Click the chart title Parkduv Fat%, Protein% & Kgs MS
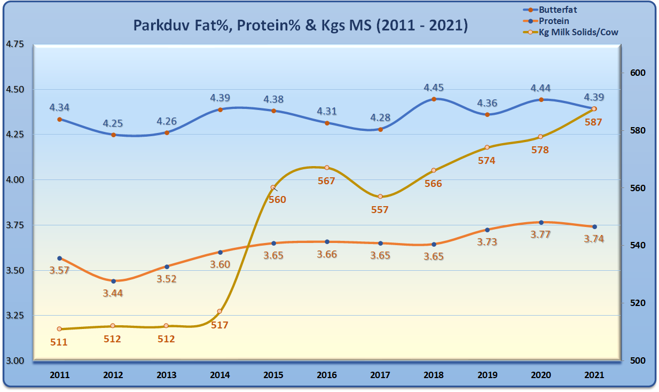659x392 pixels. (x=300, y=25)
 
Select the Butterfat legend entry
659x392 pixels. (x=558, y=10)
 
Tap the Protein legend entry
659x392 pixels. (x=554, y=21)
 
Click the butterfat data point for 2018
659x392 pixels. (x=434, y=99)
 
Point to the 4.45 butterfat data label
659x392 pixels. (x=434, y=88)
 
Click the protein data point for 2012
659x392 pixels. (x=113, y=281)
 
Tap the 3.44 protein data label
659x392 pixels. (x=113, y=293)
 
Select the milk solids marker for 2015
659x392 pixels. (x=273, y=187)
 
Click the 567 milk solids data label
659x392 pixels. (x=326, y=181)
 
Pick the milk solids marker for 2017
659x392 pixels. (x=380, y=197)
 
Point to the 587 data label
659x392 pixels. (x=593, y=122)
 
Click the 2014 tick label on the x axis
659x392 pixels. (x=219, y=375)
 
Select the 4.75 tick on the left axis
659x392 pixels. (x=14, y=44)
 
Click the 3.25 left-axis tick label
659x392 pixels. (x=14, y=316)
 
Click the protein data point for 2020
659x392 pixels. (x=541, y=222)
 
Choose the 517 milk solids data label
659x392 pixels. (x=219, y=324)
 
